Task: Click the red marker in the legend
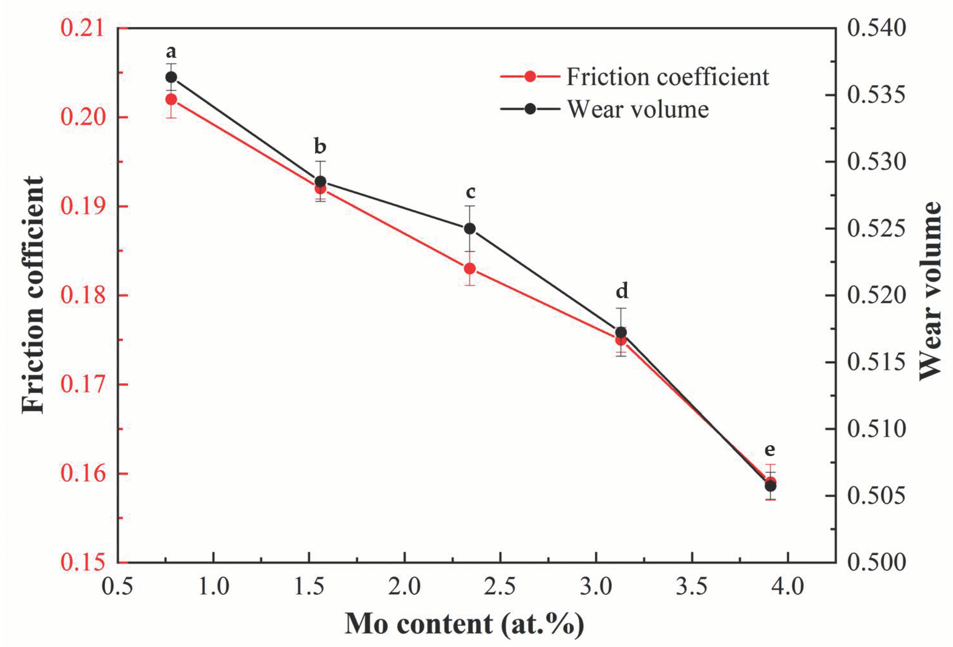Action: click(530, 77)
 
